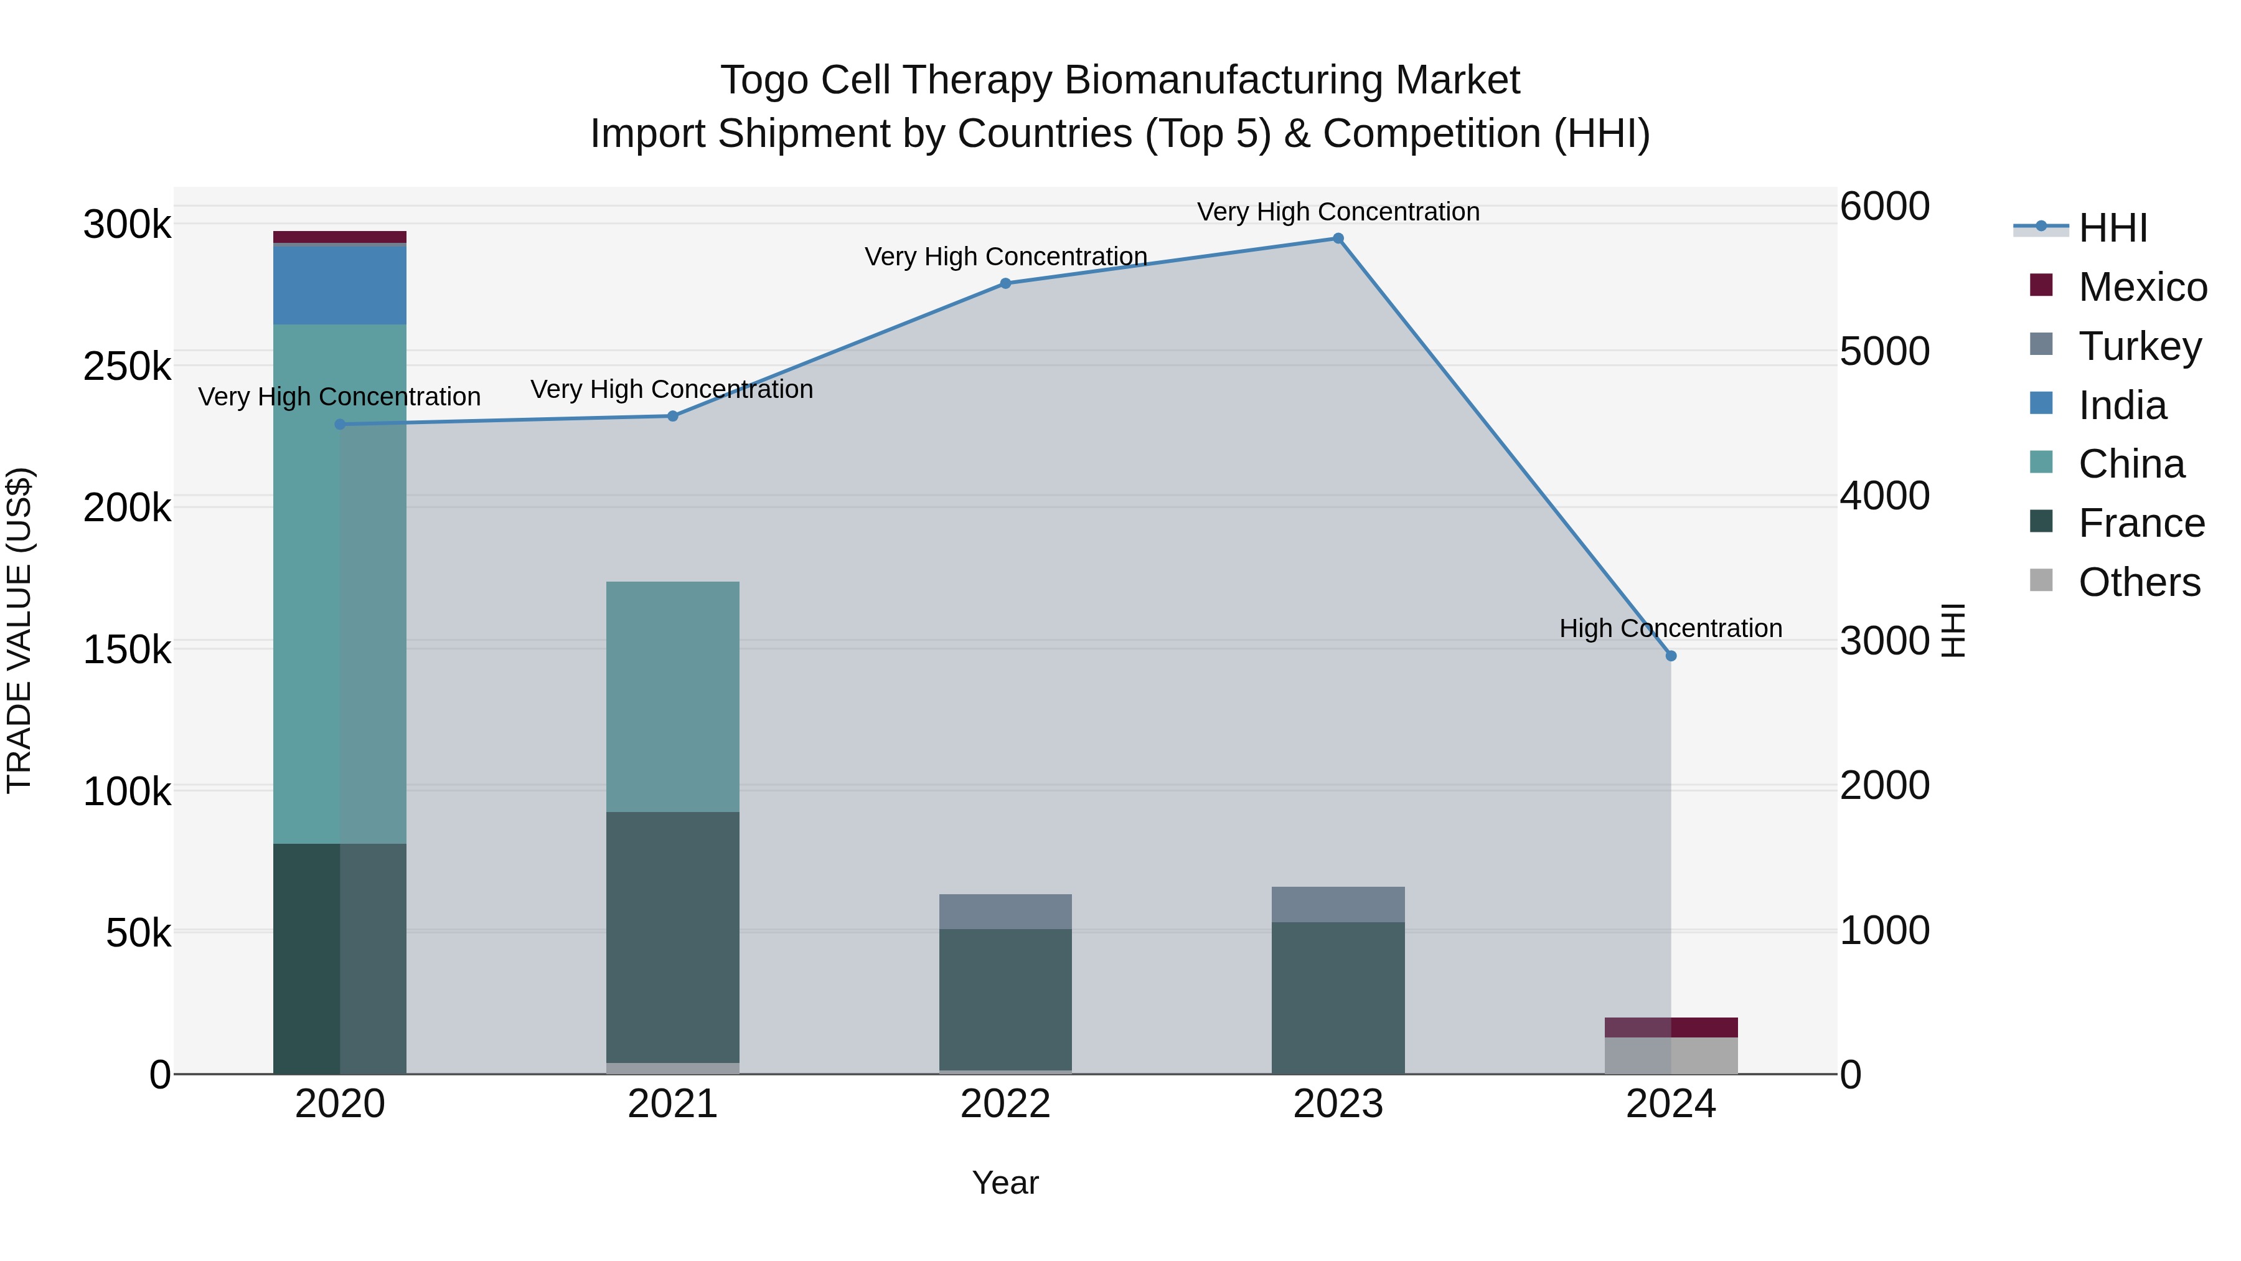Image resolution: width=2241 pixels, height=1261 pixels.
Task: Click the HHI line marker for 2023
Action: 1338,239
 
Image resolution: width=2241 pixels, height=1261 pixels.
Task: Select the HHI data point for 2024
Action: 1670,655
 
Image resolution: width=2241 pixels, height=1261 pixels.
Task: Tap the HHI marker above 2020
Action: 340,425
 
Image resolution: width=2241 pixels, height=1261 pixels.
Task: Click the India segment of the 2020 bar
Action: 339,285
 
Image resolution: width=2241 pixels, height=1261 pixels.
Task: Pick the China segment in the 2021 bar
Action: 672,696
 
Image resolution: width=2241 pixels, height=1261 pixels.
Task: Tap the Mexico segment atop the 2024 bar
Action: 1670,1027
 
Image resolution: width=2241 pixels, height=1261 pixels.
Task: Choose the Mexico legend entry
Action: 2142,287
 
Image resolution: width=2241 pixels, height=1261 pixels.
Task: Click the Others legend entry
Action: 2138,582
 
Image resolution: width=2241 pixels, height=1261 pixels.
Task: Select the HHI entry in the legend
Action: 2112,228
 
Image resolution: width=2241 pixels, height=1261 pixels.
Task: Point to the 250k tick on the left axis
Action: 127,366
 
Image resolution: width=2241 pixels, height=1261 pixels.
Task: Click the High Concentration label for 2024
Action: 1670,628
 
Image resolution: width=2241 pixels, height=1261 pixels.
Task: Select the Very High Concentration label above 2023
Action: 1338,212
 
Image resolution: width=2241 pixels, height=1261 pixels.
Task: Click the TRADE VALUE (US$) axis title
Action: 19,630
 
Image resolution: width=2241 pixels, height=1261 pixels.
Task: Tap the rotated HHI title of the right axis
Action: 1952,630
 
